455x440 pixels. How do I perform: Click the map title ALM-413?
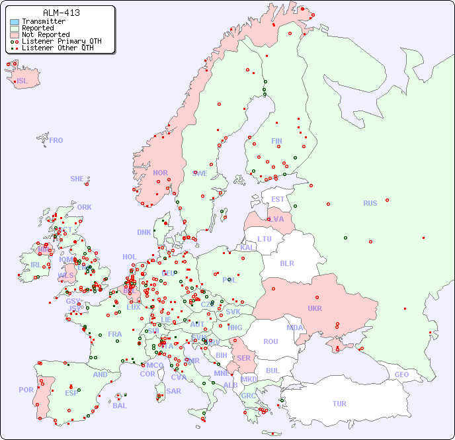pos(61,13)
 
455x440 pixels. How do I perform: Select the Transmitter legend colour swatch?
pos(15,22)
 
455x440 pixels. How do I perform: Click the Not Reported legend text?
pos(45,34)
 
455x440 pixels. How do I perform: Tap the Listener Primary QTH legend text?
pos(62,41)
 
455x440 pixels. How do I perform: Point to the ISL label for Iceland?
pos(22,81)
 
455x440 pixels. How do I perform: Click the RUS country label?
pos(370,203)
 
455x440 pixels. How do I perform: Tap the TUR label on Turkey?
pos(339,404)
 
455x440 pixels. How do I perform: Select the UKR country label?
pos(314,308)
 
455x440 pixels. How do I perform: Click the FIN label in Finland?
pos(276,141)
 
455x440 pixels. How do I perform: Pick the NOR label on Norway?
pos(160,173)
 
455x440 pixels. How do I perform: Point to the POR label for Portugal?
pos(26,390)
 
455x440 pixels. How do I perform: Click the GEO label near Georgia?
pos(401,374)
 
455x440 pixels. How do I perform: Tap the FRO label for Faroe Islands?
pos(56,140)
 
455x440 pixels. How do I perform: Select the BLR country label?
pos(286,263)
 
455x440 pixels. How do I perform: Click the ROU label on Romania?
pos(270,341)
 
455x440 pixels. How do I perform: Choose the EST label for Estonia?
pos(278,199)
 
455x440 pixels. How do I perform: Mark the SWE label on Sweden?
pos(200,173)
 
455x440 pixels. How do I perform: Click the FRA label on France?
pos(115,334)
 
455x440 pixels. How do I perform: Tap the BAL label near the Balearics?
pos(119,406)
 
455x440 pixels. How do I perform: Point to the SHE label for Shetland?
pos(77,179)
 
